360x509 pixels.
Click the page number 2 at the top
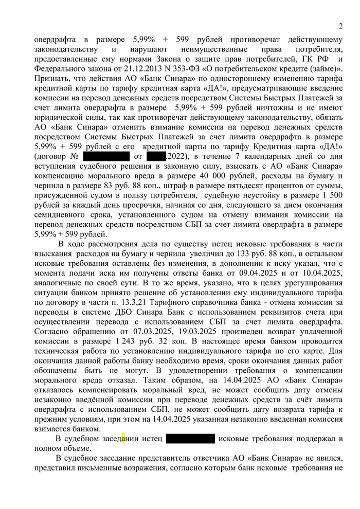tap(340, 27)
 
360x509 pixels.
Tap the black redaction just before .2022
tap(155, 155)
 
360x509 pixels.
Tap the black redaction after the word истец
tap(190, 439)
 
